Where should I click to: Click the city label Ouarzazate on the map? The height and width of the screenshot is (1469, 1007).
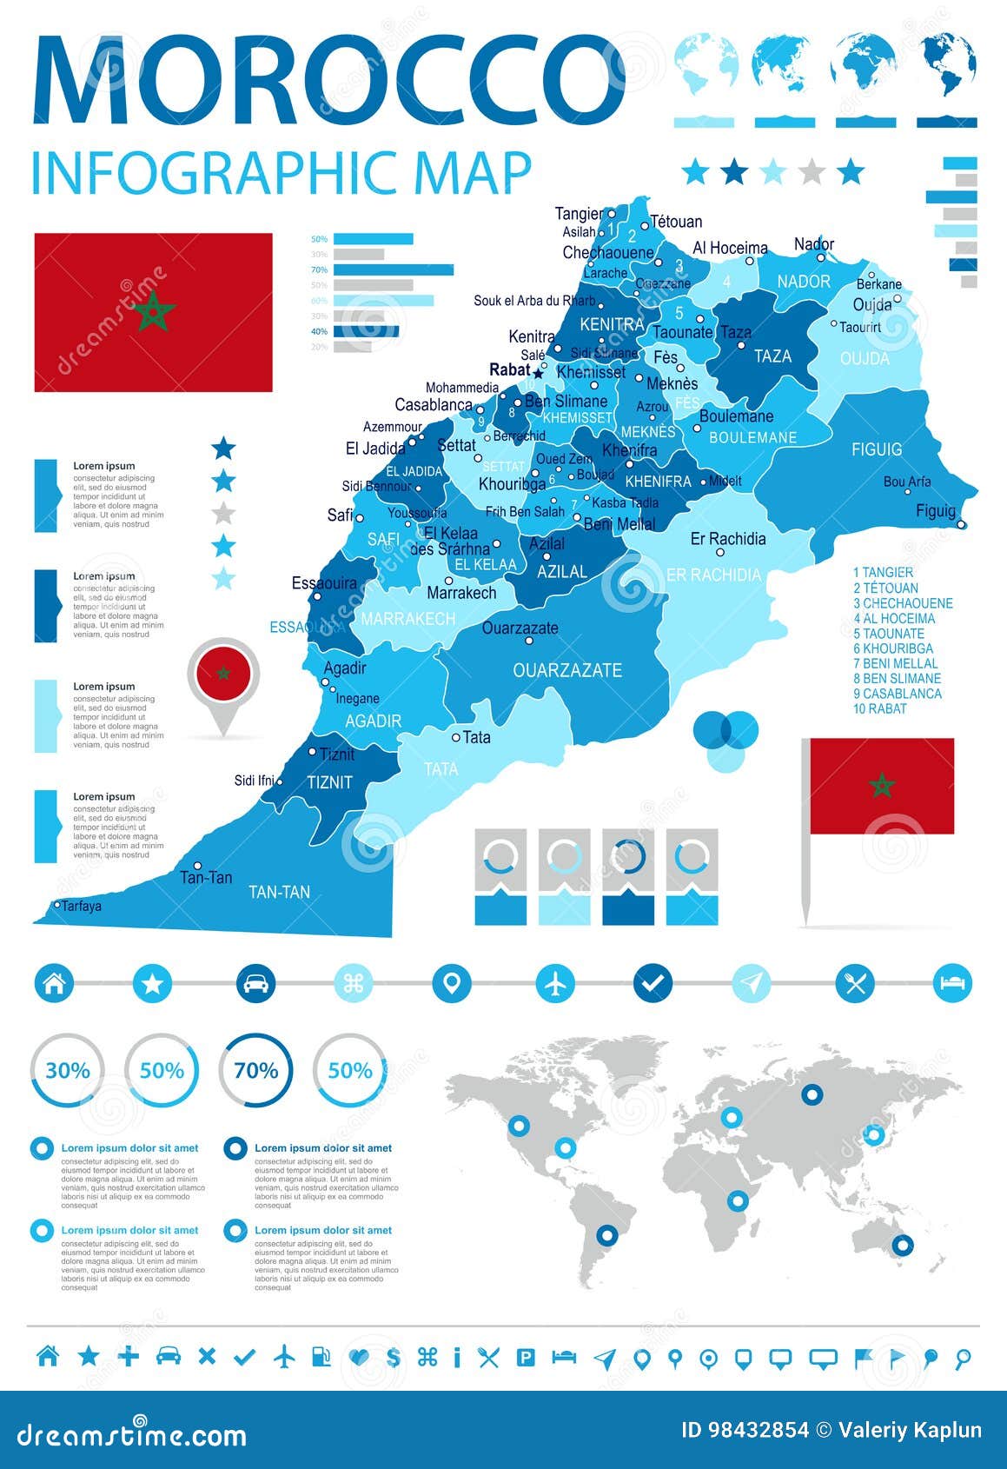coord(520,628)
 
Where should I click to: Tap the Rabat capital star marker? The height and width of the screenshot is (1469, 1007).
coord(538,374)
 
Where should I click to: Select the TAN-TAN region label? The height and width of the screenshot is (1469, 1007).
coord(279,892)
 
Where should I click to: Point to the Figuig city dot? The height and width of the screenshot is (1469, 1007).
coord(961,524)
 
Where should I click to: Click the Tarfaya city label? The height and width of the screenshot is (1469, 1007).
coord(81,906)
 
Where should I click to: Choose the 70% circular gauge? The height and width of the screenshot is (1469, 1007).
coord(255,1070)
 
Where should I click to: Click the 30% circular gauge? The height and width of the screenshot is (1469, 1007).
coord(68,1070)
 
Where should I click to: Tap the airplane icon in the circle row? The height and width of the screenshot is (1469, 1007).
coord(555,984)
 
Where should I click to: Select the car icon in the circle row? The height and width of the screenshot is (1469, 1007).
coord(255,984)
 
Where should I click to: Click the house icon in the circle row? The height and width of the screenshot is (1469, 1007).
coord(54,984)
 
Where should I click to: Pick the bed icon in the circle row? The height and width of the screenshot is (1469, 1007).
coord(952,984)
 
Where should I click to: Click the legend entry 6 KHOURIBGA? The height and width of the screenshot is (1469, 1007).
coord(893,648)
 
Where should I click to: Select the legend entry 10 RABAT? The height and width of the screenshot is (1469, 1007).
coord(880,708)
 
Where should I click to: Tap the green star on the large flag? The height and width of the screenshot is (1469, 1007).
coord(154,311)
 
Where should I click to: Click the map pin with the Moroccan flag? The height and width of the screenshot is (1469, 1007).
coord(223,675)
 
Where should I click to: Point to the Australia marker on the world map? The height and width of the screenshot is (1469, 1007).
coord(903,1245)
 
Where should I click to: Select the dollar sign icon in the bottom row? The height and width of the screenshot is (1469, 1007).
coord(394,1357)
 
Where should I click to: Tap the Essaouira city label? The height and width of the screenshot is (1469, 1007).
coord(324,583)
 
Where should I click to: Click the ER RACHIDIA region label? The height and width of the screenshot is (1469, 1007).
coord(713,575)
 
